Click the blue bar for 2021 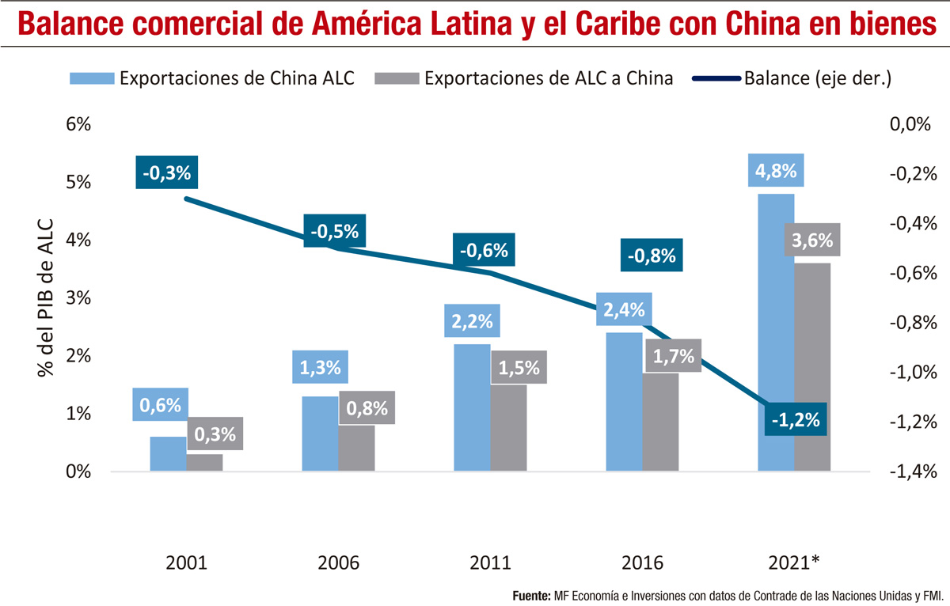[776, 332]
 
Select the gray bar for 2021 [812, 368]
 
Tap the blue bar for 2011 [472, 407]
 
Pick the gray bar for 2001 [204, 463]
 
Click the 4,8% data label [776, 170]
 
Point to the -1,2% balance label [796, 419]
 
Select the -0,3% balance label [166, 172]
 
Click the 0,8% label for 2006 [367, 408]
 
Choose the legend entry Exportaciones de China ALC [211, 78]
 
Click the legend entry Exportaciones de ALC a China [526, 78]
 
